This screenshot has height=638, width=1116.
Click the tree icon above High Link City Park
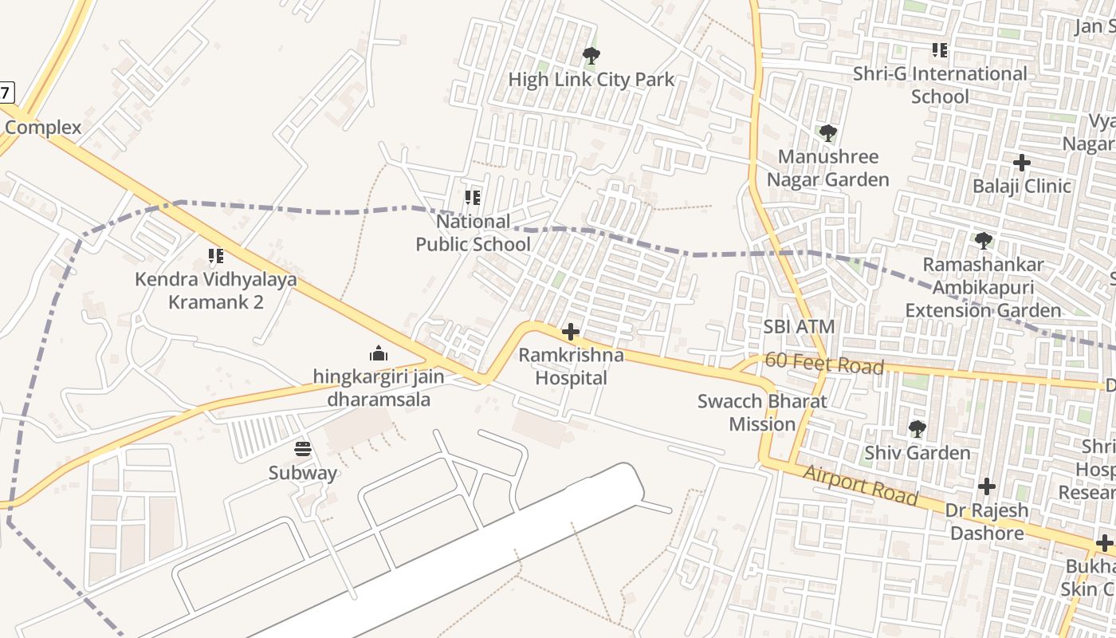591,56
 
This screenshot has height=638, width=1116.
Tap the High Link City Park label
591,80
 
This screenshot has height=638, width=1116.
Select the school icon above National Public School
473,197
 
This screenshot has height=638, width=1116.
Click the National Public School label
473,232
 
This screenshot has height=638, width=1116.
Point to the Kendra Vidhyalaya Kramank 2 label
215,290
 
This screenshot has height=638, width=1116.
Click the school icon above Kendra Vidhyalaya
215,256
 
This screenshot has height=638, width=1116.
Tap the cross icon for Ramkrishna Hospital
571,332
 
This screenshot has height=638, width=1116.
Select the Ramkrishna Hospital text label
571,366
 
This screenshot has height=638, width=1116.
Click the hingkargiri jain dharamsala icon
379,352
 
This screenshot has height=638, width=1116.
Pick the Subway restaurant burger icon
302,449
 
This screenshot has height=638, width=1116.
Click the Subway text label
302,473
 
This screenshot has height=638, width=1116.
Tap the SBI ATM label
799,326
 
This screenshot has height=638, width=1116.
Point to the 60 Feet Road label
824,364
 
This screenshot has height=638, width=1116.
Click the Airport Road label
861,485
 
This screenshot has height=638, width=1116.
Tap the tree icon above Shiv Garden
918,429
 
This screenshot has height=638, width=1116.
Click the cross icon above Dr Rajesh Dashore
987,486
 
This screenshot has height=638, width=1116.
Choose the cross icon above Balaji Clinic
1021,163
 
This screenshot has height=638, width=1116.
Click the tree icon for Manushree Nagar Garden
827,133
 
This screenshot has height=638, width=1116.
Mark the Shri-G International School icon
940,50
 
